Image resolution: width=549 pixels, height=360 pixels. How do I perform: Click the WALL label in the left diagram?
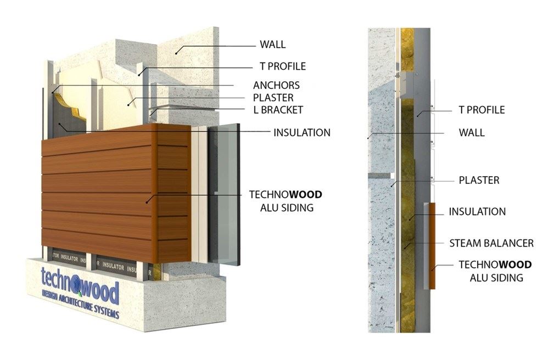pyautogui.click(x=272, y=44)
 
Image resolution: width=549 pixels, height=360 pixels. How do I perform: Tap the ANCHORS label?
pyautogui.click(x=276, y=86)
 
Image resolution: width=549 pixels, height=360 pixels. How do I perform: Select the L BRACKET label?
pyautogui.click(x=278, y=110)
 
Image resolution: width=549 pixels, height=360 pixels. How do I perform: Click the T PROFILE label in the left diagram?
pyautogui.click(x=283, y=66)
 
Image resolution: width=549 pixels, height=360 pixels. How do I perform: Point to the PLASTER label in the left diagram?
pyautogui.click(x=273, y=98)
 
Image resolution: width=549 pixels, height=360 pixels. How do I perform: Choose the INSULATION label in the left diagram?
pyautogui.click(x=302, y=133)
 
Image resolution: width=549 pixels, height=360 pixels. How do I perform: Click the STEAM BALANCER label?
pyautogui.click(x=491, y=243)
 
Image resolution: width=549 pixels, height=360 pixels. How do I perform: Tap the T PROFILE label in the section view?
pyautogui.click(x=482, y=110)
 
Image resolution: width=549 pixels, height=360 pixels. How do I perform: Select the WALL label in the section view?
pyautogui.click(x=472, y=133)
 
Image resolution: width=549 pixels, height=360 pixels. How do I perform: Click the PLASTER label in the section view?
pyautogui.click(x=479, y=180)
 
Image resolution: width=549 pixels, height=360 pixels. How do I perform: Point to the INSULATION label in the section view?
pyautogui.click(x=477, y=212)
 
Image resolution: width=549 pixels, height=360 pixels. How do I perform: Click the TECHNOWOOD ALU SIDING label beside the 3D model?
pyautogui.click(x=285, y=201)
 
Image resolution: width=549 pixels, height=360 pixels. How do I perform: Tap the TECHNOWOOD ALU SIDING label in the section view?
pyautogui.click(x=495, y=271)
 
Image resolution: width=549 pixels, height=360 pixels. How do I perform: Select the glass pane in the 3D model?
pyautogui.click(x=224, y=194)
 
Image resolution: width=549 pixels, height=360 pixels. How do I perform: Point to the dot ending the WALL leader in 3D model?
pyautogui.click(x=176, y=54)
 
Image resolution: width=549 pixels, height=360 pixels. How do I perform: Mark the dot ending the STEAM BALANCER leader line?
pyautogui.click(x=406, y=248)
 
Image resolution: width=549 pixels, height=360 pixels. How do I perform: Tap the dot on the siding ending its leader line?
pyautogui.click(x=147, y=202)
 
